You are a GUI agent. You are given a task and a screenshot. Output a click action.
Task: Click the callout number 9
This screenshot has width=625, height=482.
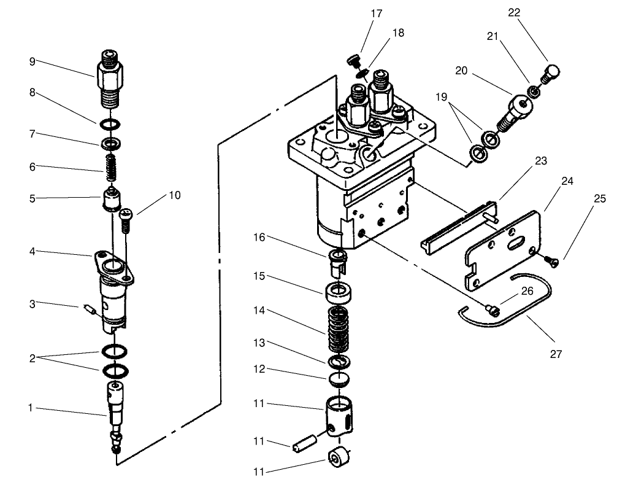point(32,61)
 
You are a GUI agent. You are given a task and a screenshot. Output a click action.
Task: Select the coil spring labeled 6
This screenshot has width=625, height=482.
point(111,166)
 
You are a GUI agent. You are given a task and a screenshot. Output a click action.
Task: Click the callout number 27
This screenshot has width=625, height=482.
point(556,354)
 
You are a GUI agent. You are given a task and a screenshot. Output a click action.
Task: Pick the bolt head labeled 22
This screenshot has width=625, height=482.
point(553,73)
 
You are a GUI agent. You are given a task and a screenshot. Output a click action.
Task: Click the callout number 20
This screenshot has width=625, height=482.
point(461,71)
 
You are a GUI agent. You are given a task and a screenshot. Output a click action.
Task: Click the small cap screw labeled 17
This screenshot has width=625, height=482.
point(353,61)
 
